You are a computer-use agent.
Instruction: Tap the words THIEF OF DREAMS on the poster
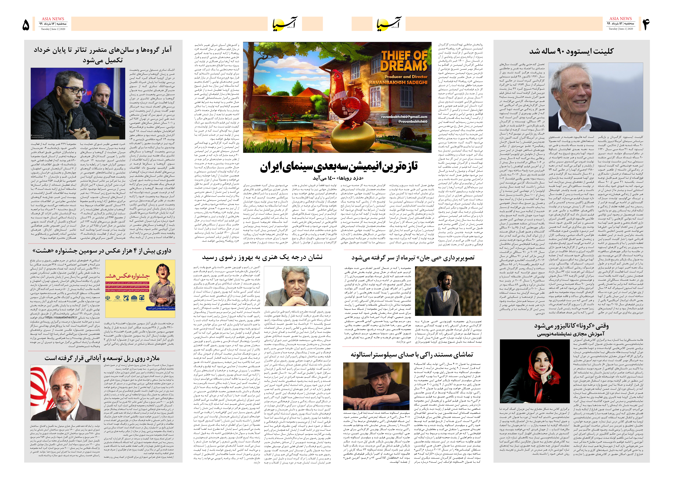(404, 61)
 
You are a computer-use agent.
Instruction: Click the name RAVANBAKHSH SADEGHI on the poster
(398, 82)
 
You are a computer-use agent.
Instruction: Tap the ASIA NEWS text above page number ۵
(53, 19)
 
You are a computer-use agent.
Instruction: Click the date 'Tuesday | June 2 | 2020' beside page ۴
(621, 29)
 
